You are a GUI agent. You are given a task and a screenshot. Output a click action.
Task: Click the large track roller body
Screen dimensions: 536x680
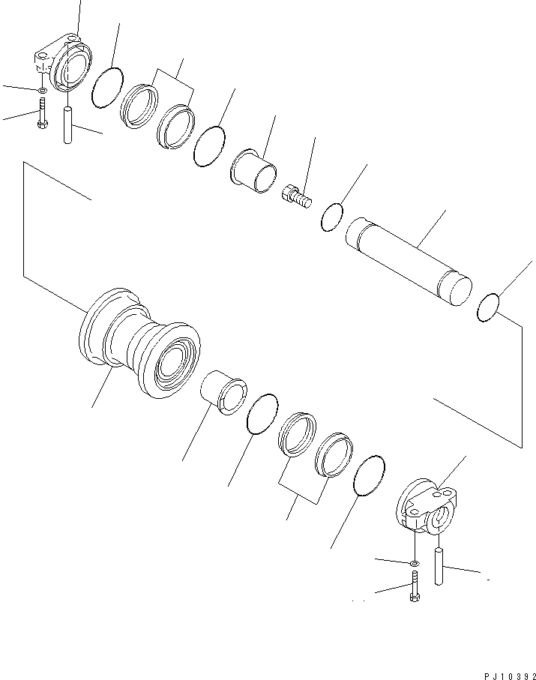pos(139,343)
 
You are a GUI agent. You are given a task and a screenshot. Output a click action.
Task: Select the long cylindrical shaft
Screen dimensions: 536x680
pos(409,262)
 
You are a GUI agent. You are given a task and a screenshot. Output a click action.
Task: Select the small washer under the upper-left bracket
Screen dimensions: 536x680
pos(43,90)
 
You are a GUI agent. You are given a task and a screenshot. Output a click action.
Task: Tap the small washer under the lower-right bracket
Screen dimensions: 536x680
pos(414,563)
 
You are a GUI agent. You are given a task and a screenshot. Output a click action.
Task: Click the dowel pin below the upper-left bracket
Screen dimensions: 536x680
pos(67,125)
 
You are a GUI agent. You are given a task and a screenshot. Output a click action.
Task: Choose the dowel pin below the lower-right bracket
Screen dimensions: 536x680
pos(439,566)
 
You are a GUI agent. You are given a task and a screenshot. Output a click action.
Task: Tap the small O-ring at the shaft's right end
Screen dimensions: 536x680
pos(488,307)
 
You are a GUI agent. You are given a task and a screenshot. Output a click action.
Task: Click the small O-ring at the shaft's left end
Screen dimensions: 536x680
pos(332,217)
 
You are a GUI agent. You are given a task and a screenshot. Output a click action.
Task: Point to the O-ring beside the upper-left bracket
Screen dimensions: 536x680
pos(107,88)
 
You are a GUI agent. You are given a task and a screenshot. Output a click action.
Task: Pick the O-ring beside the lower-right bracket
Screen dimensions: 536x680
pos(370,475)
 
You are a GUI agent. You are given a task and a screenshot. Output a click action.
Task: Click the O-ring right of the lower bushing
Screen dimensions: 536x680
pos(262,414)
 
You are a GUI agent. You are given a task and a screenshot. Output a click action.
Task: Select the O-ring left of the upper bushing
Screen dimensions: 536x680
pos(210,146)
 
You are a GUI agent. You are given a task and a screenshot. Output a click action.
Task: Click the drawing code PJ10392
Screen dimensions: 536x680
pos(510,676)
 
